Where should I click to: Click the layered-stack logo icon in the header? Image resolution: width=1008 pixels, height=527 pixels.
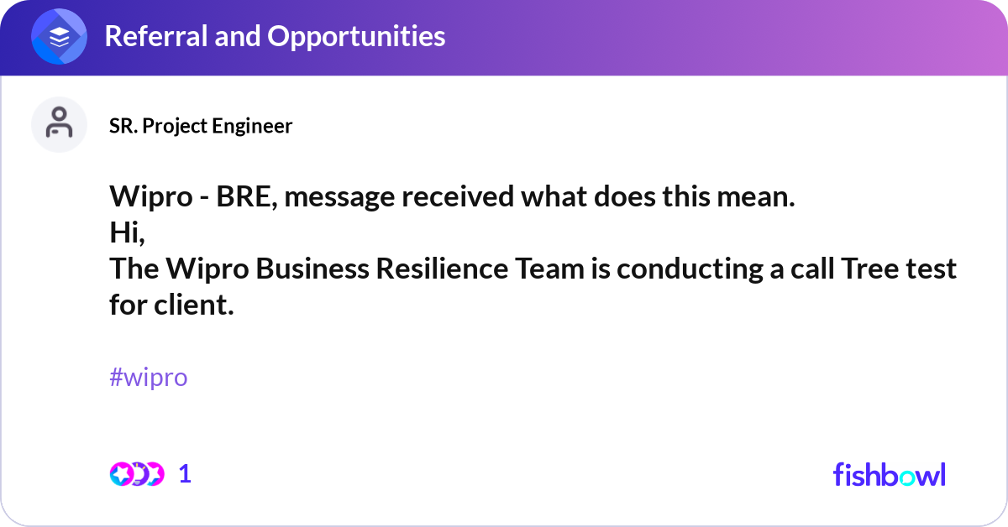tap(60, 37)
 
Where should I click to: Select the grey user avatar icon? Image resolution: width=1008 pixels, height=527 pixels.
tap(59, 124)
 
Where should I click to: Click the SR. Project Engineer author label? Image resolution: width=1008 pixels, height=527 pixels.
tap(201, 126)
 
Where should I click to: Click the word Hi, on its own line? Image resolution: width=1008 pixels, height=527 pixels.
tap(127, 233)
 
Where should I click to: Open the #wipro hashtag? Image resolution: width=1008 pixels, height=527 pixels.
tap(148, 378)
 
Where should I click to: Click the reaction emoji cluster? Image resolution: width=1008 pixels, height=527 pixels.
tap(136, 474)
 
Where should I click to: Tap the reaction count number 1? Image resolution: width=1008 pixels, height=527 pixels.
tap(185, 474)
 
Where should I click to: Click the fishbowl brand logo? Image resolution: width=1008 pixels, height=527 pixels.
tap(889, 475)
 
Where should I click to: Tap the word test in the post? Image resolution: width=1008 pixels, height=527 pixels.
tap(930, 269)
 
